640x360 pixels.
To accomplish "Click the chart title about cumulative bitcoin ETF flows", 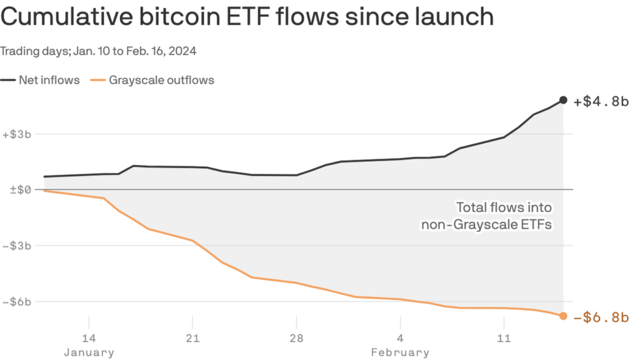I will (247, 17).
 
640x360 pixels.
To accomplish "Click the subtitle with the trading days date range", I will (99, 51).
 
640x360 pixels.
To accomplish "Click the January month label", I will (89, 352).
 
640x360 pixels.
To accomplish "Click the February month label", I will (400, 352).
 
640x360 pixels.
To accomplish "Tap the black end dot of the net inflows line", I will (563, 100).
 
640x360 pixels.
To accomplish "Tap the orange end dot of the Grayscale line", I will (563, 316).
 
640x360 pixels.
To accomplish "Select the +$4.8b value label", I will (600, 101).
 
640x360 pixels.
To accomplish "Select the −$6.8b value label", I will (600, 317).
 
